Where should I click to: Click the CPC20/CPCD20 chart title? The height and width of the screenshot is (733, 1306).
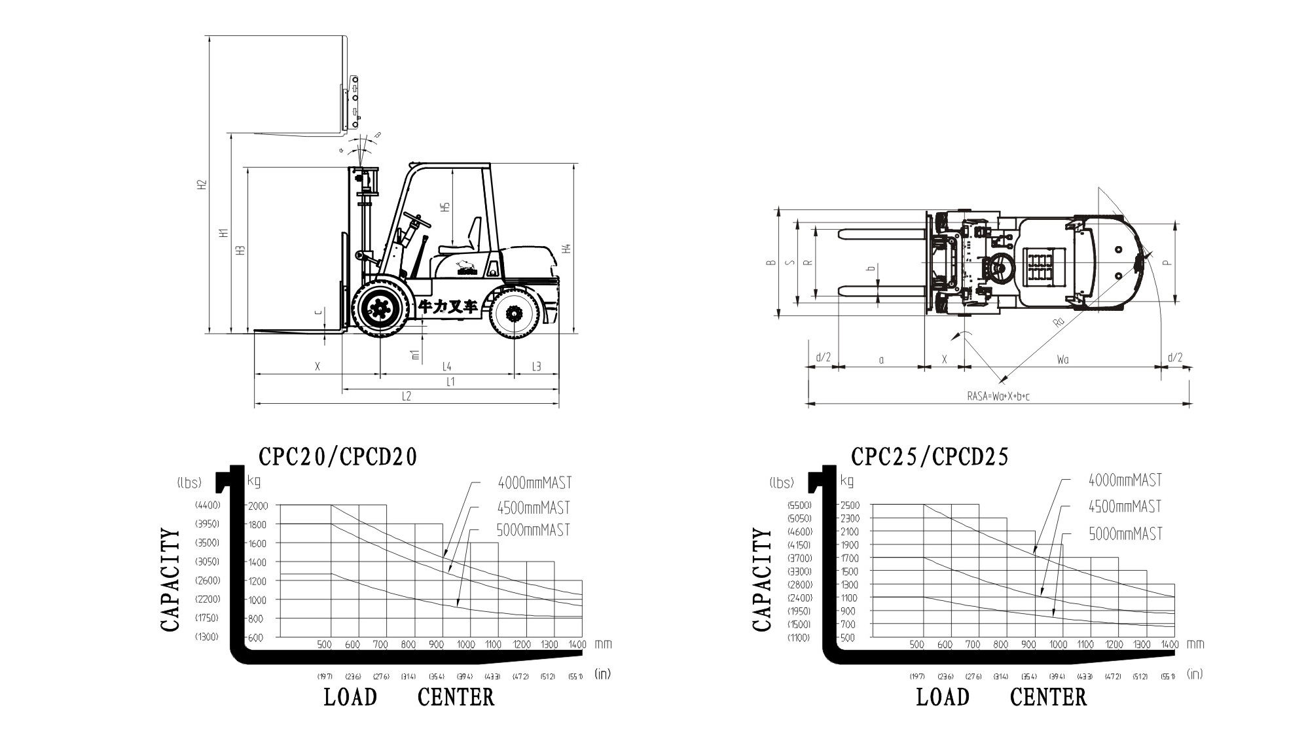[338, 456]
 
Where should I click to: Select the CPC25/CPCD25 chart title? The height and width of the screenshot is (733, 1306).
[930, 456]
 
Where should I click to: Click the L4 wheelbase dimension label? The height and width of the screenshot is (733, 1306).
[446, 366]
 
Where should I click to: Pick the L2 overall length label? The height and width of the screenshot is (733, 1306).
[406, 397]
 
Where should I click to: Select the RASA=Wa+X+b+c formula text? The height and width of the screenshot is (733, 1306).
[998, 397]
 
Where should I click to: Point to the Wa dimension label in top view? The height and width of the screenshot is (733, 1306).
[1062, 359]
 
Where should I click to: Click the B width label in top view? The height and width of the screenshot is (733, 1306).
[772, 263]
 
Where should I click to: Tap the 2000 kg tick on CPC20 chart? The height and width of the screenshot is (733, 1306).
[257, 505]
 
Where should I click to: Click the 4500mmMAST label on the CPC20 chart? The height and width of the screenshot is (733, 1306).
[534, 507]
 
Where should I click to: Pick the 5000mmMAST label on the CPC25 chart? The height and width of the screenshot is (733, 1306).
[1125, 534]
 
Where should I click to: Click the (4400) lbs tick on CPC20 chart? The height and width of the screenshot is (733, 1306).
[208, 505]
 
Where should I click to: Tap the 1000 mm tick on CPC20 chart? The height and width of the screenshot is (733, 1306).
[465, 645]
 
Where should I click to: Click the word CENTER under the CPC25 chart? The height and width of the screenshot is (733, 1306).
[1048, 698]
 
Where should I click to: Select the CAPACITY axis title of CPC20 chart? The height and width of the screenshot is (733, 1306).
[170, 581]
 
